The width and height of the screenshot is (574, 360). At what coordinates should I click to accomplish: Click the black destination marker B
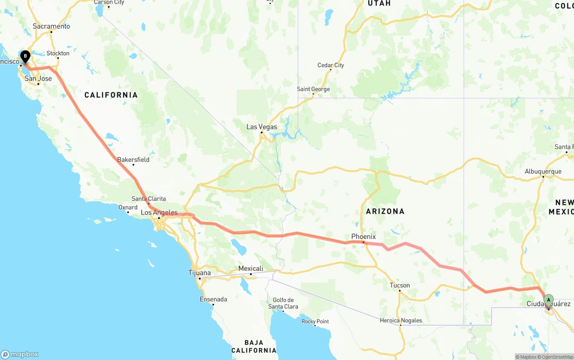pyautogui.click(x=26, y=57)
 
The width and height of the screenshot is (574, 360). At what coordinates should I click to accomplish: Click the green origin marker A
pyautogui.click(x=548, y=300)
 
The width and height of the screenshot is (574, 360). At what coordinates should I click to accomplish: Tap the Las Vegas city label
pyautogui.click(x=261, y=127)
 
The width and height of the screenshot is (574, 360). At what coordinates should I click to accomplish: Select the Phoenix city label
pyautogui.click(x=363, y=237)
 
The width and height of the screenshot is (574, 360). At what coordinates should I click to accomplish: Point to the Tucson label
pyautogui.click(x=400, y=285)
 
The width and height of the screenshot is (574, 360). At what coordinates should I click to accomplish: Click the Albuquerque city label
pyautogui.click(x=543, y=171)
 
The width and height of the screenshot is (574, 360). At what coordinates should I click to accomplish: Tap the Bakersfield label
pyautogui.click(x=133, y=160)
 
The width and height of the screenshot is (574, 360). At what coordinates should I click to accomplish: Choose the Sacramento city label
pyautogui.click(x=51, y=26)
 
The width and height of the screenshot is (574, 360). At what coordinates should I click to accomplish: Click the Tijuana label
pyautogui.click(x=199, y=273)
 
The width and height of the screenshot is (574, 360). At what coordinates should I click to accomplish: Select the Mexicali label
pyautogui.click(x=250, y=269)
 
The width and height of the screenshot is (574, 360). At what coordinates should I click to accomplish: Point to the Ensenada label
pyautogui.click(x=213, y=299)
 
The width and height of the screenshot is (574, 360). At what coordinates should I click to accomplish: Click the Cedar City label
pyautogui.click(x=330, y=65)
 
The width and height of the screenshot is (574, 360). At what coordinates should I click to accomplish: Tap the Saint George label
pyautogui.click(x=313, y=89)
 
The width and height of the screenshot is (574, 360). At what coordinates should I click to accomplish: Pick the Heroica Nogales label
pyautogui.click(x=400, y=320)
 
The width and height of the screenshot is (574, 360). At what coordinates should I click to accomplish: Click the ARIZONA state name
pyautogui.click(x=385, y=211)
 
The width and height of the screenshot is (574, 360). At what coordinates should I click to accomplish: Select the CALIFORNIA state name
pyautogui.click(x=111, y=95)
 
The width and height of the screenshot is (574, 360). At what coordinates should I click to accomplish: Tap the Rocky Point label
pyautogui.click(x=315, y=321)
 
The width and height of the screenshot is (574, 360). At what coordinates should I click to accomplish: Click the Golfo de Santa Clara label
pyautogui.click(x=283, y=303)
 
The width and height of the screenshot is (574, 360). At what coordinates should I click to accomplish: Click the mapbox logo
pyautogui.click(x=20, y=354)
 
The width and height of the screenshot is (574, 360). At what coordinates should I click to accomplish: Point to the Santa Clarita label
pyautogui.click(x=148, y=199)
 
